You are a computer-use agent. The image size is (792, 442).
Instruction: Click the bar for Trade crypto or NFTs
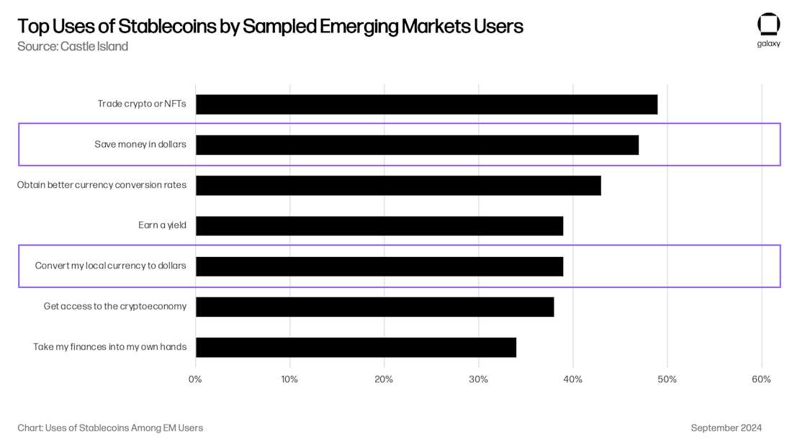click(x=426, y=104)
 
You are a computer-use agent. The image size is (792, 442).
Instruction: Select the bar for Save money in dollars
click(x=417, y=145)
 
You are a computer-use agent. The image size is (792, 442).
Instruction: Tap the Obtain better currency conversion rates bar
click(x=398, y=185)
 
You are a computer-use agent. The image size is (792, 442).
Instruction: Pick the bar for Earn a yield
click(x=379, y=226)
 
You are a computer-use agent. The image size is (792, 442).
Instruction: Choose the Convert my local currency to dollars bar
click(x=379, y=266)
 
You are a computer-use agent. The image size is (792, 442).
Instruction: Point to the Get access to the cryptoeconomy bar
click(x=374, y=307)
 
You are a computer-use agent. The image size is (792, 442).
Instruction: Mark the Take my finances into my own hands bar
click(x=356, y=347)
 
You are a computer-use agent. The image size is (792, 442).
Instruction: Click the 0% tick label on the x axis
click(x=195, y=379)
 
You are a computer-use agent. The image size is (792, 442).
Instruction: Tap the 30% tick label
click(x=478, y=379)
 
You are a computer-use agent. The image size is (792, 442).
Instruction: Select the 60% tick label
click(x=761, y=379)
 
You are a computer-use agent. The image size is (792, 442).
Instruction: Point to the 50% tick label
click(x=667, y=379)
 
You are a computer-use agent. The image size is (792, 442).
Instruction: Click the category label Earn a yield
click(x=162, y=225)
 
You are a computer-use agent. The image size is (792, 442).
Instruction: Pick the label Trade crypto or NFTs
click(x=142, y=104)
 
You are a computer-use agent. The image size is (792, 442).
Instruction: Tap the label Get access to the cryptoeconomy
click(x=114, y=306)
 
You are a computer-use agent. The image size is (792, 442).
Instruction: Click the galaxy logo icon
click(x=768, y=24)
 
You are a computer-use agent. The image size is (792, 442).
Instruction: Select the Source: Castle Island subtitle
click(x=73, y=47)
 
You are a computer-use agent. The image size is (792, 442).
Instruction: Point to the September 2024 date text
click(x=726, y=428)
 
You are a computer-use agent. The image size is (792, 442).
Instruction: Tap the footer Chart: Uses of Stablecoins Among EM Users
click(x=110, y=428)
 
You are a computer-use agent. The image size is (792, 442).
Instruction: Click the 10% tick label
click(x=289, y=379)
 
